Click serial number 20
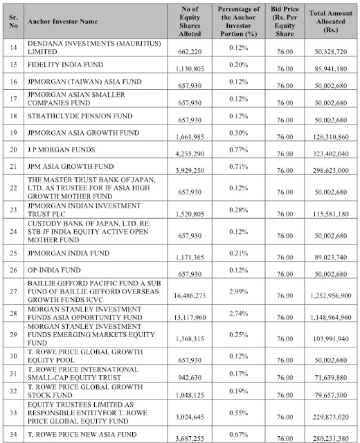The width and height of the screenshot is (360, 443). pos(12,149)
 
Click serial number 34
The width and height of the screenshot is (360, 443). pos(12,431)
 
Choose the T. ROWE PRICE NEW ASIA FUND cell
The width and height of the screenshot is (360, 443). pos(85,431)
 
